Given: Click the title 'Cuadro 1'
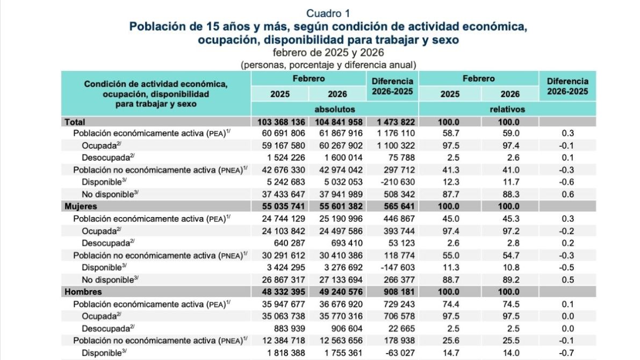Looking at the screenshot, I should [328, 13].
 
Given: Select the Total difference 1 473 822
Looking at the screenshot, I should [393, 122].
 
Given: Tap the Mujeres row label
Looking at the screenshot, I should [80, 206].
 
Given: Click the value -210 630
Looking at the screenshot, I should [392, 182].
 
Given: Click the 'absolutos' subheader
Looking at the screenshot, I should [335, 110].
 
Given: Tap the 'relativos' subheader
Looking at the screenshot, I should [507, 110].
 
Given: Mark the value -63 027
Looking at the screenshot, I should [395, 352].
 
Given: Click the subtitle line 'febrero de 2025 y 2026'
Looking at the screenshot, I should [328, 53].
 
